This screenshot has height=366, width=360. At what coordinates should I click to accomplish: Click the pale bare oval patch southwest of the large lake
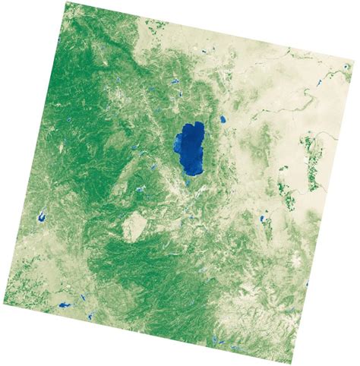(x=134, y=225)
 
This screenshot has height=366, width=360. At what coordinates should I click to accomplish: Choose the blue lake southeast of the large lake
(x=263, y=219)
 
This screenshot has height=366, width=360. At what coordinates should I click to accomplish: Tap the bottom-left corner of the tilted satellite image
(x=2, y=304)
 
